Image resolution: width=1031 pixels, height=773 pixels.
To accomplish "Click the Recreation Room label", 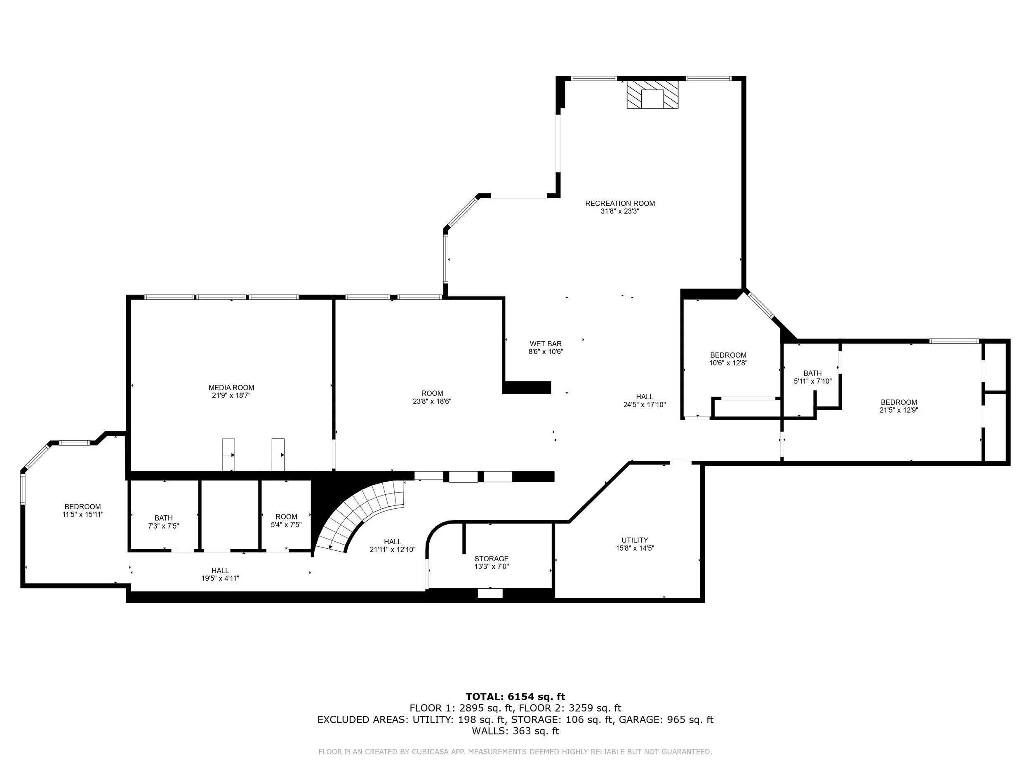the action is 620,203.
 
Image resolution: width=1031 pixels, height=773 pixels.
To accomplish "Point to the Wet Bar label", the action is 546,344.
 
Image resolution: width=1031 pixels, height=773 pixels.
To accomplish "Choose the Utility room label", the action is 635,540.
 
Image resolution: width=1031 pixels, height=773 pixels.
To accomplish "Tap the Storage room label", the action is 491,559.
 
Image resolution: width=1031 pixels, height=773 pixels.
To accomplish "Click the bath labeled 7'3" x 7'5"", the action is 164,522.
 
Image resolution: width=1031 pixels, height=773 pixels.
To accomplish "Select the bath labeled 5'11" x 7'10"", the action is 812,377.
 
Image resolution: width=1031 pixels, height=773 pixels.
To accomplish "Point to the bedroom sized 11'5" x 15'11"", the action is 82,510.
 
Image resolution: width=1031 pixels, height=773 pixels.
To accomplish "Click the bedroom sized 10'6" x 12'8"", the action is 728,359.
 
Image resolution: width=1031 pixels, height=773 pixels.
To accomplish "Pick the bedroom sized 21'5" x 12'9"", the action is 899,406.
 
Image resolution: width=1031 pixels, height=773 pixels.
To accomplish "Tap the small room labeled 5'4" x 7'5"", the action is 286,520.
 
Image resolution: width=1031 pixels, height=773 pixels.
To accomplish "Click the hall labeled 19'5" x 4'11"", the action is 220,574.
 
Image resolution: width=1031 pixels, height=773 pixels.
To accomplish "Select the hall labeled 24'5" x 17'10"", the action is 645,401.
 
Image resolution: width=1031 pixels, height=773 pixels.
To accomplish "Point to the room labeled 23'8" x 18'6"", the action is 432,397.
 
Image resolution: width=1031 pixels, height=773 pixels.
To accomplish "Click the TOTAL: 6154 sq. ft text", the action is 515,697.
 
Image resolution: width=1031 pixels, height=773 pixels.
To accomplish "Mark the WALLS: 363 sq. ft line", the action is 515,731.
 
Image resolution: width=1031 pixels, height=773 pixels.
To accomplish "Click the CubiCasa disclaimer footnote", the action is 515,752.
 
